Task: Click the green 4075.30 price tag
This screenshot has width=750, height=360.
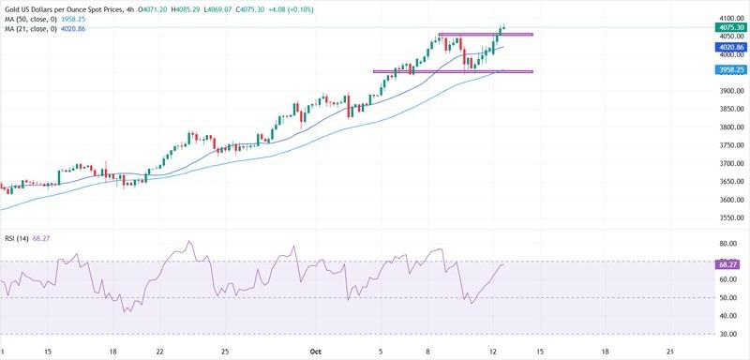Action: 729,28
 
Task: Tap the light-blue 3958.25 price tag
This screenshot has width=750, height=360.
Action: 729,68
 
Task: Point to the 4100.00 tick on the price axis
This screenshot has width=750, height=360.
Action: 729,19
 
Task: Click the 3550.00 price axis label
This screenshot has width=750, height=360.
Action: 729,217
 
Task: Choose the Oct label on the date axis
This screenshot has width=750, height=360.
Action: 316,352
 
